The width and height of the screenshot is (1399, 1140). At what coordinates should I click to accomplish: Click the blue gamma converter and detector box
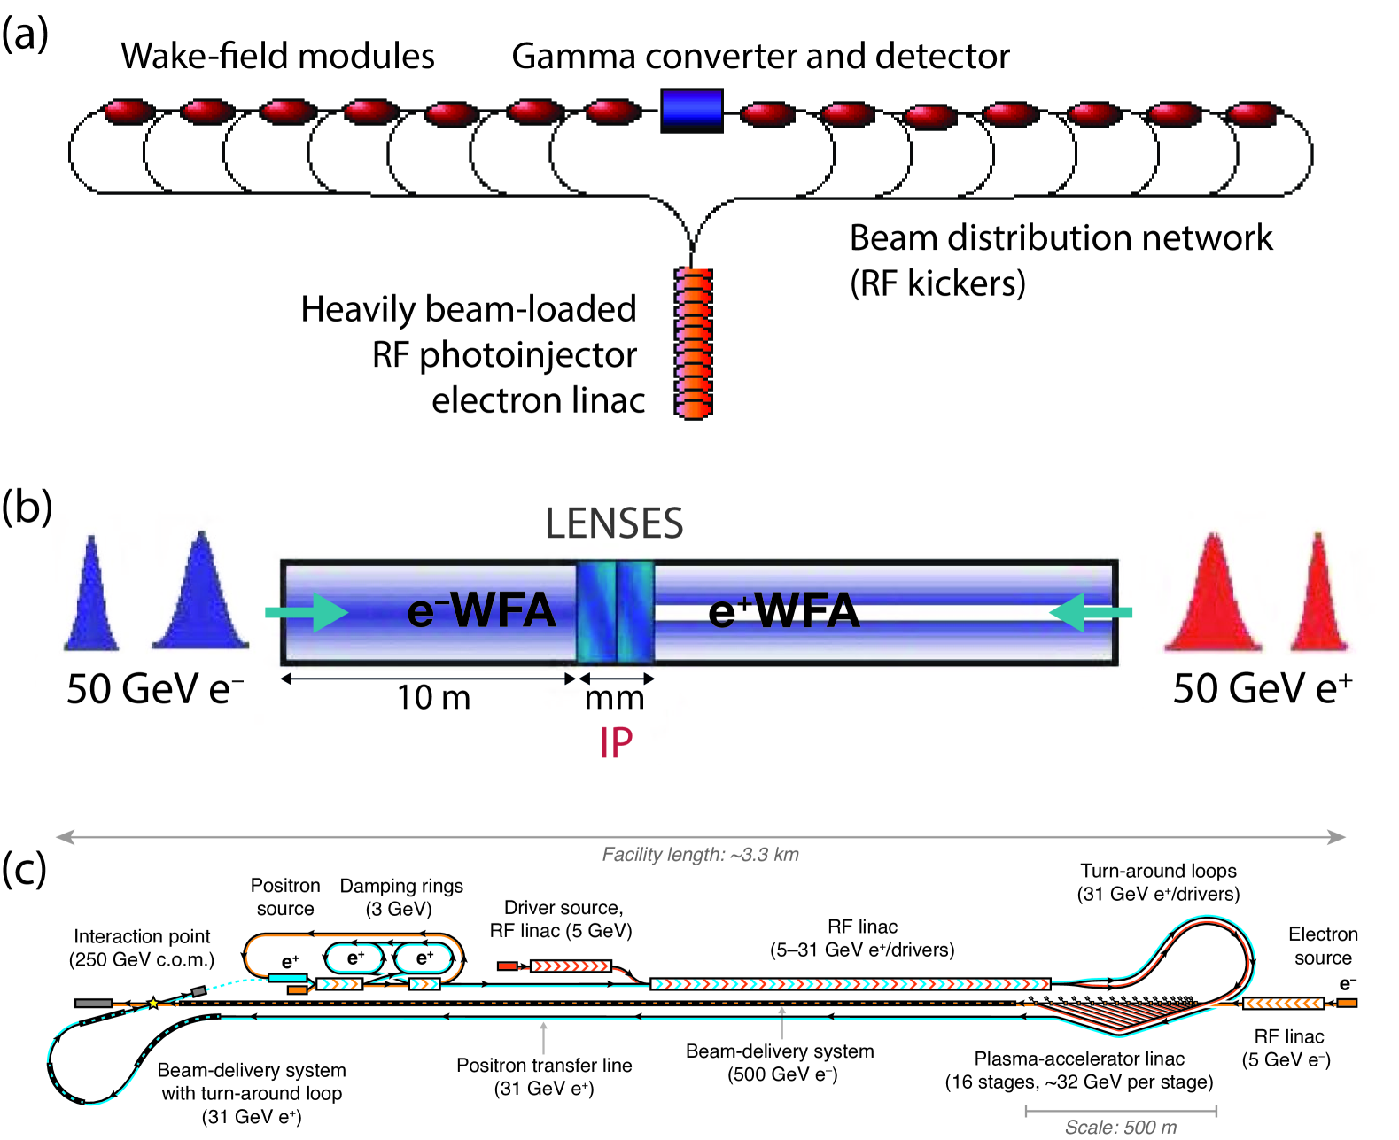point(691,111)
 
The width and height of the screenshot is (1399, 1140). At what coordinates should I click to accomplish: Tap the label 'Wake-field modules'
point(277,56)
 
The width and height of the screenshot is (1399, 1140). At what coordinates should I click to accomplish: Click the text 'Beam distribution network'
point(1060,238)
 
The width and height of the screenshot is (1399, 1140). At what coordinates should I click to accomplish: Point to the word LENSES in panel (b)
point(614,523)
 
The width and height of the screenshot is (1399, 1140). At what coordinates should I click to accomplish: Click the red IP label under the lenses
point(616,743)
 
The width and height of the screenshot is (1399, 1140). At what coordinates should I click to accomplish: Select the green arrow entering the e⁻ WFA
point(307,612)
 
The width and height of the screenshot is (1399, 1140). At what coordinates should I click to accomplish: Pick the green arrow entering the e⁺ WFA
point(1090,612)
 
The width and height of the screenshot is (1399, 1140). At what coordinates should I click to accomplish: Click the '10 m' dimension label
point(433,698)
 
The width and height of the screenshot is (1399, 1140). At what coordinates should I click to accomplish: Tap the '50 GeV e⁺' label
point(1262,689)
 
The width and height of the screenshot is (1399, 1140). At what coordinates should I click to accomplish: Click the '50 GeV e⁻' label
point(155,689)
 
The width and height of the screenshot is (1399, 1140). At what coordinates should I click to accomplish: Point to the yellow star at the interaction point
point(153,1004)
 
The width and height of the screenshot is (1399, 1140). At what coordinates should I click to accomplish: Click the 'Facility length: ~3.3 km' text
point(700,855)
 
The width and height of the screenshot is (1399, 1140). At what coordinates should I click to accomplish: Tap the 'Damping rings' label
point(401,886)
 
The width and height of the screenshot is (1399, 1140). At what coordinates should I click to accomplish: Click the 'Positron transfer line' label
point(544,1066)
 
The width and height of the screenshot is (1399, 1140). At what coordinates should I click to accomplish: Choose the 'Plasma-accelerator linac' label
point(1079,1059)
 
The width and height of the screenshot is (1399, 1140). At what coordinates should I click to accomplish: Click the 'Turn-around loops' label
point(1158,871)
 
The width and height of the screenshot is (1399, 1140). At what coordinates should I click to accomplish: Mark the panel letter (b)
point(27,508)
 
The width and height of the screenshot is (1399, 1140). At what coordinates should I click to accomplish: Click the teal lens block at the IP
point(615,612)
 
